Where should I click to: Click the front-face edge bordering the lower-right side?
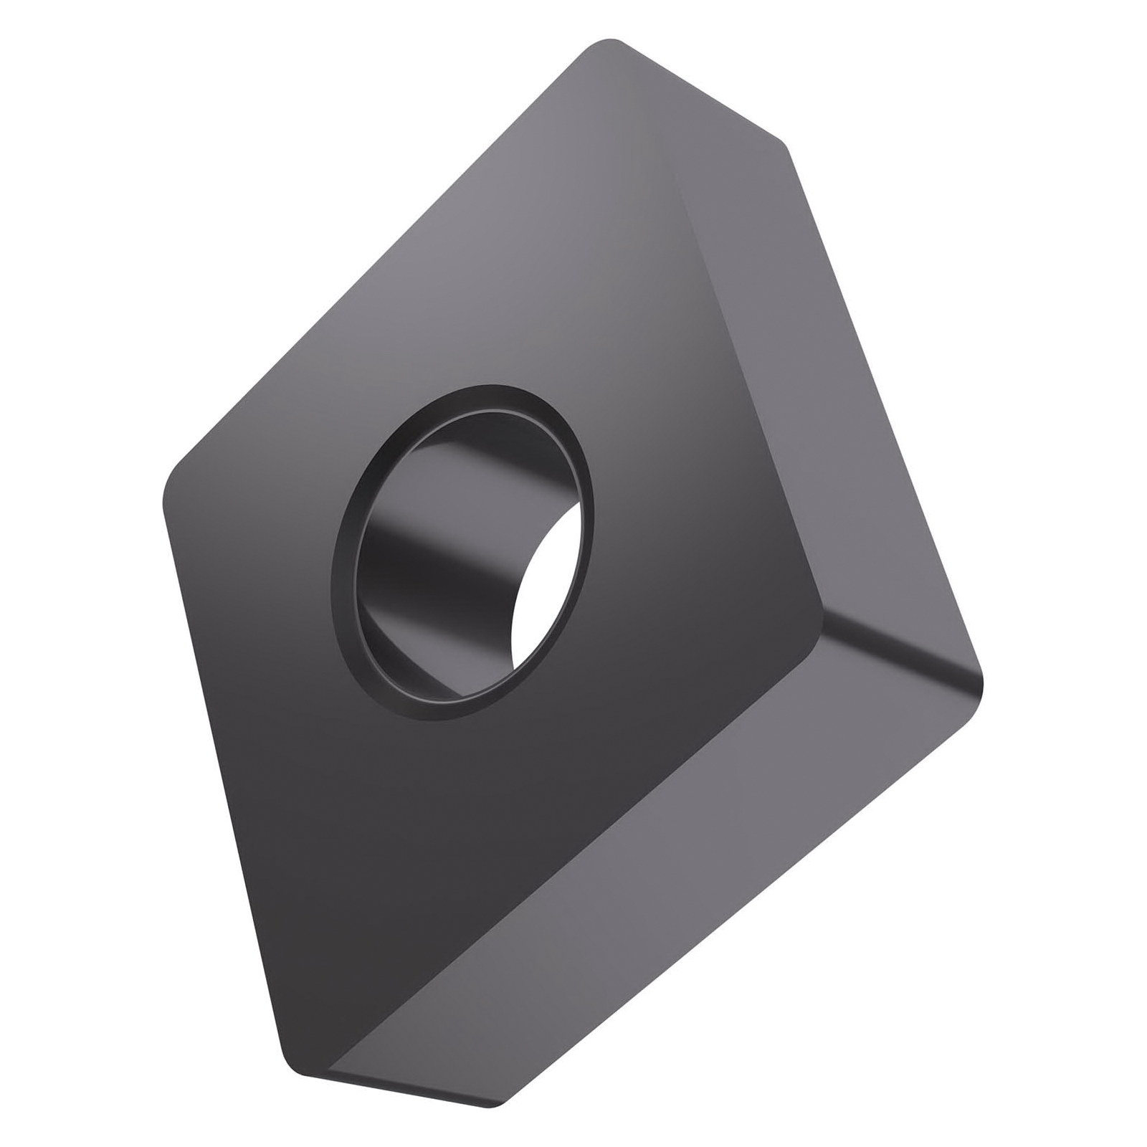573,832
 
